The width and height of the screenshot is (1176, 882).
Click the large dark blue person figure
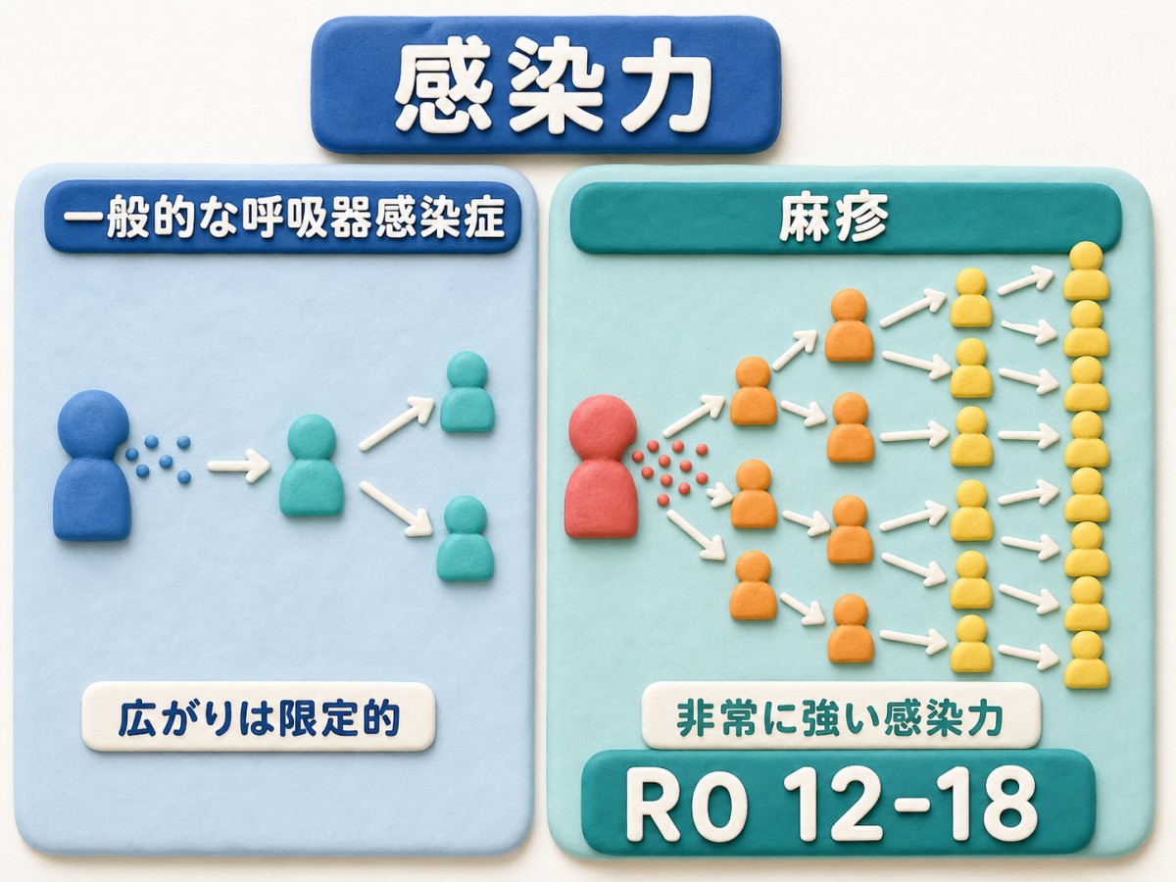tap(92, 465)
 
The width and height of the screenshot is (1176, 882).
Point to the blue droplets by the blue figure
tap(158, 459)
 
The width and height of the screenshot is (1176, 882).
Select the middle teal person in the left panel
tap(312, 465)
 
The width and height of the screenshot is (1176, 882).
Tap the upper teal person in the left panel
tap(466, 391)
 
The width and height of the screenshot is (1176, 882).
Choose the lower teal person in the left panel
tap(465, 538)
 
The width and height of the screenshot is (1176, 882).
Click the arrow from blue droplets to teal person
tap(239, 465)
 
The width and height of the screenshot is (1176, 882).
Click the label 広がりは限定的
tap(259, 717)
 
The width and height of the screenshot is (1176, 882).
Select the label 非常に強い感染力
tap(840, 717)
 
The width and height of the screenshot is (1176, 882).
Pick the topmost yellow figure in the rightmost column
tap(1086, 271)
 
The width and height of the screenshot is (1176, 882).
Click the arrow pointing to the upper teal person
tap(397, 423)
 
